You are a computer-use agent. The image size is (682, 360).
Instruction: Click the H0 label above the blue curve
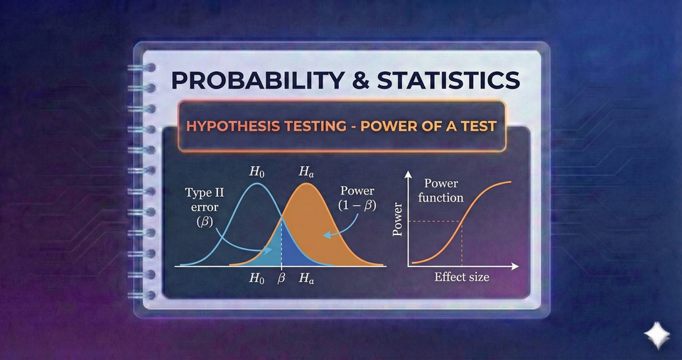coord(254,171)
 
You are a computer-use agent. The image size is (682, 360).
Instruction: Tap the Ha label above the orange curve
coord(306,171)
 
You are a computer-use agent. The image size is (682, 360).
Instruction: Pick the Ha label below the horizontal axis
coord(306,278)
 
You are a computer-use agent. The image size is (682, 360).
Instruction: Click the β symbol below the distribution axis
coord(281,278)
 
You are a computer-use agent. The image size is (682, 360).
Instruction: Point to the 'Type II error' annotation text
coord(204,200)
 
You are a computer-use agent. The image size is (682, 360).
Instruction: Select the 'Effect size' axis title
coord(462,277)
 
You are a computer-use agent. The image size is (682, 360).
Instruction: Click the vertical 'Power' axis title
coord(398,220)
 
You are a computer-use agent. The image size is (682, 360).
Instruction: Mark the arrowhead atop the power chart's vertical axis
coord(408,174)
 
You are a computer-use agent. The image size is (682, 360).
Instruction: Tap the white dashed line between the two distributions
coord(282,241)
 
